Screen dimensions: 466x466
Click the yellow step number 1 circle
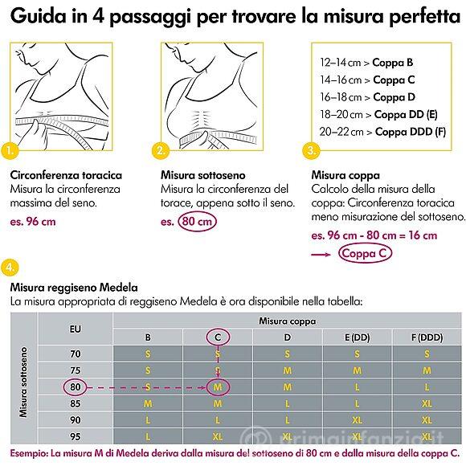point(10,150)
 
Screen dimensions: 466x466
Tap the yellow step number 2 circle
point(161,150)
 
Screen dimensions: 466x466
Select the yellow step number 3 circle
point(311,150)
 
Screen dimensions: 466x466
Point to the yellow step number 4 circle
point(10,268)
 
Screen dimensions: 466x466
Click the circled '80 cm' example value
point(197,222)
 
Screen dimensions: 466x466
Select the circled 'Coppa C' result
point(365,254)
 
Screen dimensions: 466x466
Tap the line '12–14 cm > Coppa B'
point(366,63)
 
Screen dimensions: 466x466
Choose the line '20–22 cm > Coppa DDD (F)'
point(382,132)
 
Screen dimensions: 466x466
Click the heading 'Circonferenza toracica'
point(66,175)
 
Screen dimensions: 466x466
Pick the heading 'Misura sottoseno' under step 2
point(203,175)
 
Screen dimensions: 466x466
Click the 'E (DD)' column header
point(358,337)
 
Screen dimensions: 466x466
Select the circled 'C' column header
point(218,337)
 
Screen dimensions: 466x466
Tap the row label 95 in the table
point(76,436)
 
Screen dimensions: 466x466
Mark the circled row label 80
point(76,387)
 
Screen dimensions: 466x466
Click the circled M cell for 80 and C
point(218,387)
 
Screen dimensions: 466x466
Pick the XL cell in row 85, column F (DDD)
point(427,403)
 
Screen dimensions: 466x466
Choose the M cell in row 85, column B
point(148,403)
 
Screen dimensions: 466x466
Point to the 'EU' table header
point(76,329)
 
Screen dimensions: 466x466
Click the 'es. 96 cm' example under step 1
point(33,222)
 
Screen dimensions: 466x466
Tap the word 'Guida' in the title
point(38,15)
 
